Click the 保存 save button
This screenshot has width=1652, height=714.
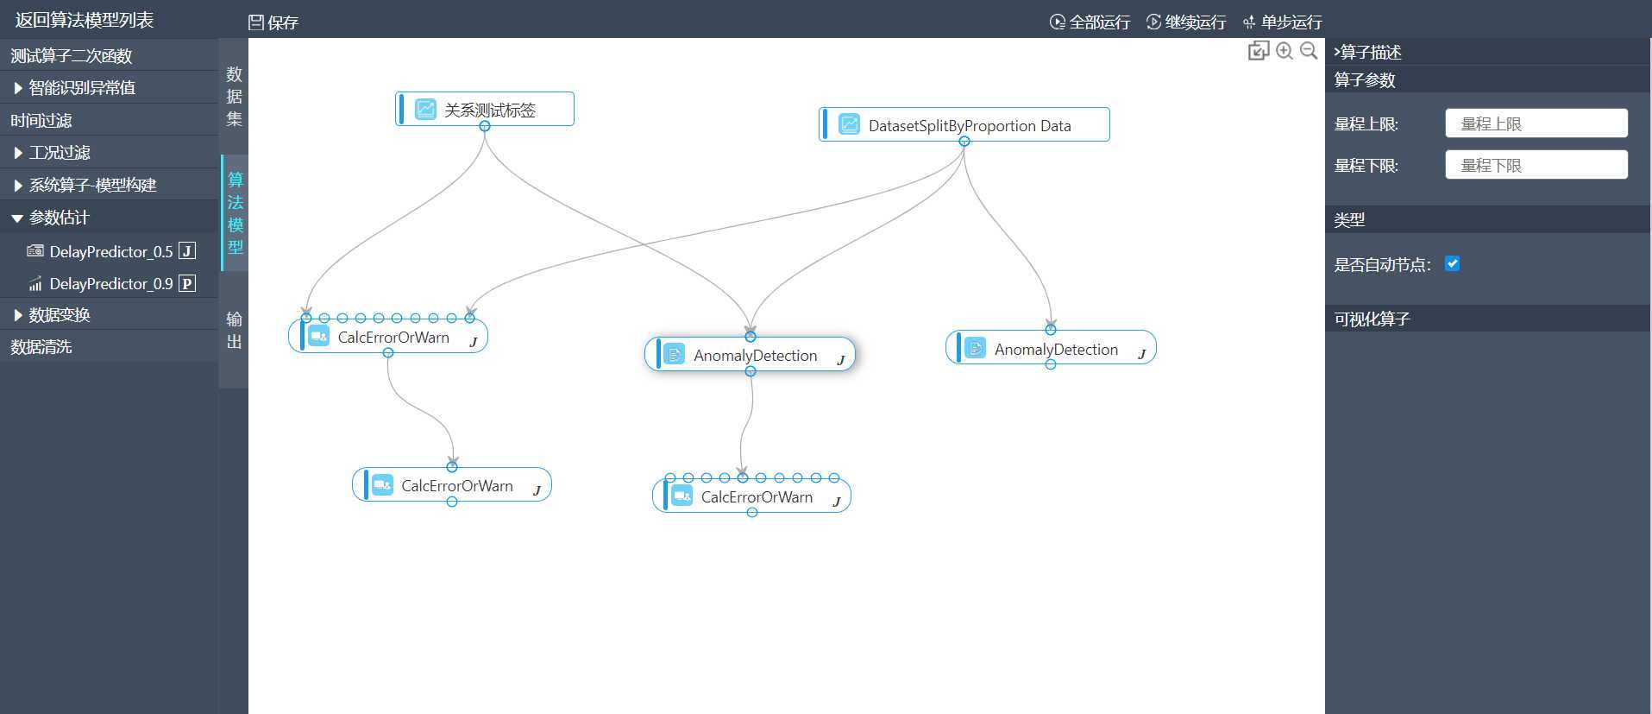coord(273,22)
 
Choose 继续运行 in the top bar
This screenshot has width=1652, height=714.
coord(1186,22)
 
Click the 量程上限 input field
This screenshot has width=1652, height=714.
coord(1536,123)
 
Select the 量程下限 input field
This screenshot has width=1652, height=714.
coord(1536,165)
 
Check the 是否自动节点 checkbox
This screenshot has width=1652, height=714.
coord(1453,264)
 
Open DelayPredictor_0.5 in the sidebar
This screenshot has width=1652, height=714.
coord(110,251)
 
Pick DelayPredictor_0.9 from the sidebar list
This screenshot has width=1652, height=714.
coord(110,283)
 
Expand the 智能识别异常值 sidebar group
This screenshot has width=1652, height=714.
coord(81,88)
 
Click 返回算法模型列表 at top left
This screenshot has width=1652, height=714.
coord(84,20)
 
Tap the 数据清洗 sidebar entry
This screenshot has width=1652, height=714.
coord(41,347)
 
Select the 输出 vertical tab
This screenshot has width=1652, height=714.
coord(234,331)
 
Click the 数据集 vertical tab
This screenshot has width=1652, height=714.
coord(234,97)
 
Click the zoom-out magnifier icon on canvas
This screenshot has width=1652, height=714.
coord(1309,51)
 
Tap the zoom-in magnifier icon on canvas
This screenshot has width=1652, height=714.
coord(1285,51)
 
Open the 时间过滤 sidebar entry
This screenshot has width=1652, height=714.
coord(41,121)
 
